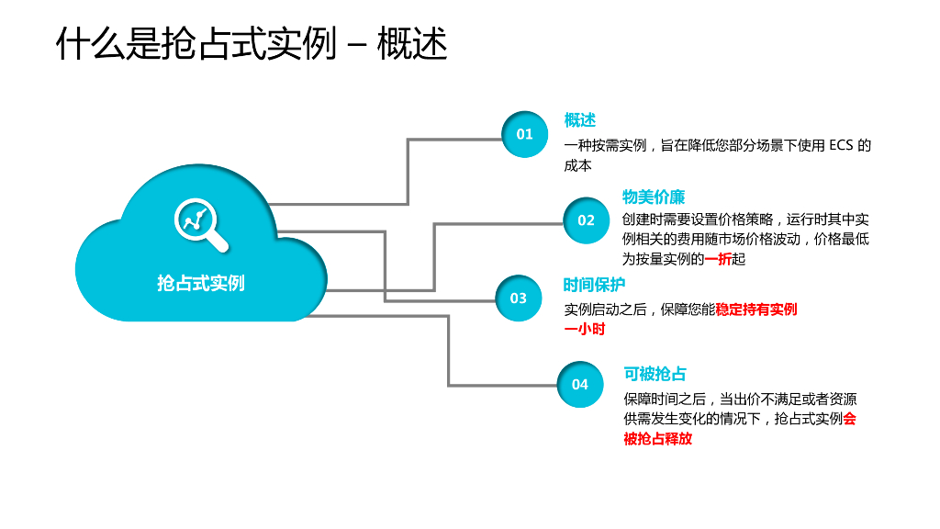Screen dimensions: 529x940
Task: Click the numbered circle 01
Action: (524, 134)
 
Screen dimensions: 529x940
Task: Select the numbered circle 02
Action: (586, 220)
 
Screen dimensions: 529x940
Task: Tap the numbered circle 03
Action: (519, 298)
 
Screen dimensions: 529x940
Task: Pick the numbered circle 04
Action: (580, 385)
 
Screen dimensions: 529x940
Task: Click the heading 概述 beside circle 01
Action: (579, 120)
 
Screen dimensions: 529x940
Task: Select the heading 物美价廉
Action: (653, 197)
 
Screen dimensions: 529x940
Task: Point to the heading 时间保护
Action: (594, 285)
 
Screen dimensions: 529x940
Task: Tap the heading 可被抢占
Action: (655, 374)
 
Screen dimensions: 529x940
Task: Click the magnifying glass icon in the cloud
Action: (201, 223)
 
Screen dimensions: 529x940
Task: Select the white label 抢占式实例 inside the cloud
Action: (201, 283)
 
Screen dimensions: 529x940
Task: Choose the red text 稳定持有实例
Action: (755, 310)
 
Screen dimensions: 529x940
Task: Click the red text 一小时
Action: (584, 330)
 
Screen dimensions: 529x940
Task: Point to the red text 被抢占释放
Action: (657, 439)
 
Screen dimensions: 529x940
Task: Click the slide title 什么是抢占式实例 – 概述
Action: (252, 42)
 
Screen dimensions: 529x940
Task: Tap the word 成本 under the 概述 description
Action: (577, 166)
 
